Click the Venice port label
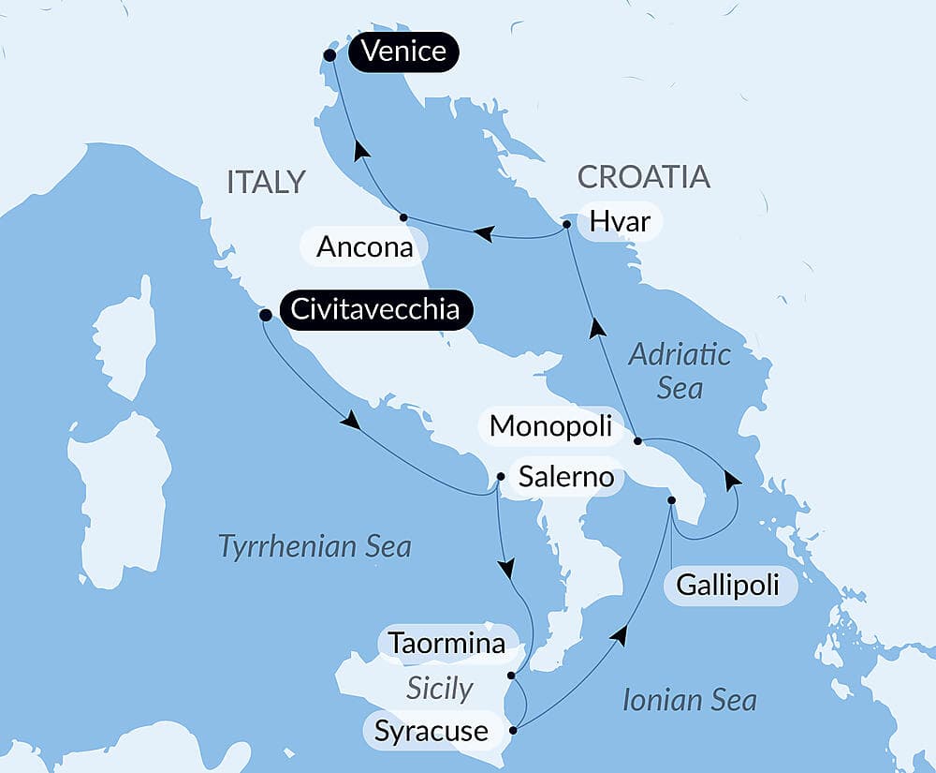coord(403,52)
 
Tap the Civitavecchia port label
coord(375,310)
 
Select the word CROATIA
coord(643,177)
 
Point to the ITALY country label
coord(267,182)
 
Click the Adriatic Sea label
coord(680,371)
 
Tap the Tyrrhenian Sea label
coord(314,546)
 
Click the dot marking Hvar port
coord(567,225)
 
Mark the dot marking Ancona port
coord(403,217)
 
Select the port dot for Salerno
coord(501,477)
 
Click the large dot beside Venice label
coord(329,55)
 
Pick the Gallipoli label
coord(729,587)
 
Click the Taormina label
coord(446,644)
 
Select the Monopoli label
coord(550,426)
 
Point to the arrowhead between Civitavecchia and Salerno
coord(350,422)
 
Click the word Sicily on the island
coord(439,689)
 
